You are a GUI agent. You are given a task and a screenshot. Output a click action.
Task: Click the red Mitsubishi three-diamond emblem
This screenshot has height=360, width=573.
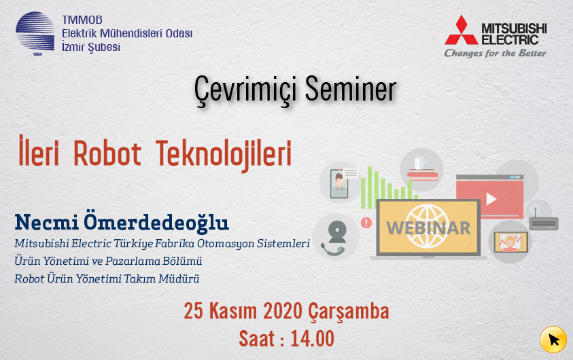tap(461, 31)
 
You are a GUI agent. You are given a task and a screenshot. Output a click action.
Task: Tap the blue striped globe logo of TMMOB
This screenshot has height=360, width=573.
tap(35, 31)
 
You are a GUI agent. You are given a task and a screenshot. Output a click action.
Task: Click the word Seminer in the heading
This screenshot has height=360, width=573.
tap(351, 89)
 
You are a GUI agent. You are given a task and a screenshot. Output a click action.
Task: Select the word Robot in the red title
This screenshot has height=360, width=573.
tap(107, 154)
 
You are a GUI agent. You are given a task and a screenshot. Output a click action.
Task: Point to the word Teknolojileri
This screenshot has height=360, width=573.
tap(224, 154)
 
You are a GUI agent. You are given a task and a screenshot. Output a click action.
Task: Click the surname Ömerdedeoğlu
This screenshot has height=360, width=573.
tap(156, 221)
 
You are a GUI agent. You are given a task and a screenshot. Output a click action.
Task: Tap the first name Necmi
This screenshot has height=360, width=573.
tap(46, 222)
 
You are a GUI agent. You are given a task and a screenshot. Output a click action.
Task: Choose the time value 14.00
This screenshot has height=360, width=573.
tap(313, 338)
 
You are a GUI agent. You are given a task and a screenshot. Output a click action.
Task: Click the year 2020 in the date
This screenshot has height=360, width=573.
tap(283, 311)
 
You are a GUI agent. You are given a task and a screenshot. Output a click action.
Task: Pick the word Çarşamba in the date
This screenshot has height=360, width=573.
tap(349, 312)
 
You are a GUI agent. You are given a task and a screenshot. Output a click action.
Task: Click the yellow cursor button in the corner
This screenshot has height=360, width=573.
tap(553, 340)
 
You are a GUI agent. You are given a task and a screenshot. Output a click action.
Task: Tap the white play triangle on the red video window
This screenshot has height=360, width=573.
tap(491, 199)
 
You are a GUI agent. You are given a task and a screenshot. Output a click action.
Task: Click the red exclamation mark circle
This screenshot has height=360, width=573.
tap(366, 222)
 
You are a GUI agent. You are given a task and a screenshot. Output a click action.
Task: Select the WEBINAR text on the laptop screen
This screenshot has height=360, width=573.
tap(429, 228)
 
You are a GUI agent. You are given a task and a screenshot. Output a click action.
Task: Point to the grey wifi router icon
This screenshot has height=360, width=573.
tap(543, 221)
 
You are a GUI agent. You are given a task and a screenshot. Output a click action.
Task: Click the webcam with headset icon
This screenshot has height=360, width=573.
tap(336, 238)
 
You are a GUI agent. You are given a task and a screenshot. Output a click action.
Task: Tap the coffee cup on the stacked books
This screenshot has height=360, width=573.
tap(420, 163)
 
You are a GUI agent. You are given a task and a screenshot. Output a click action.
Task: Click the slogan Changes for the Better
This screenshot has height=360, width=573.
tap(495, 53)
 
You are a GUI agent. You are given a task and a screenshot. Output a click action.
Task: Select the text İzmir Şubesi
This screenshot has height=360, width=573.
tap(91, 48)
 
